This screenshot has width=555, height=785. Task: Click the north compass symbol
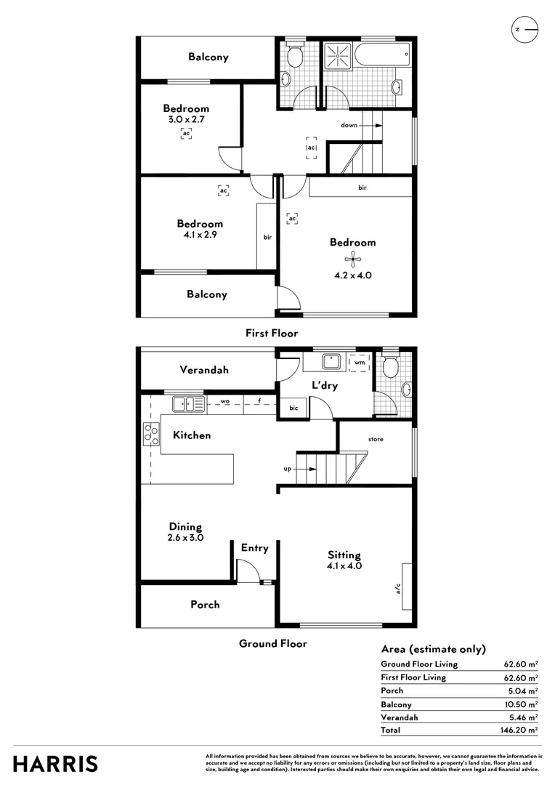(525, 30)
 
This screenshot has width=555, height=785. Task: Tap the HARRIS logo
(55, 764)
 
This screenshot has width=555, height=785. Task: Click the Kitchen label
(192, 435)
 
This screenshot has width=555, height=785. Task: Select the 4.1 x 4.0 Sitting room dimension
(344, 565)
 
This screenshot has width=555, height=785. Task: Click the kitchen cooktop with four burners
(151, 433)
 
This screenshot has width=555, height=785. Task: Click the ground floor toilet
(390, 367)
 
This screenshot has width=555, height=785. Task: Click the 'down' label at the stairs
(349, 125)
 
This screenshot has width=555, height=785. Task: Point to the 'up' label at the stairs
(288, 469)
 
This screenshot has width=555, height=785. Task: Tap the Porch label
(205, 604)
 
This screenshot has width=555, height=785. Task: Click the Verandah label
(204, 370)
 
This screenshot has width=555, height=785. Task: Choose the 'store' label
(376, 440)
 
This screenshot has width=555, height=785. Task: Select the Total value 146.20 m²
(521, 730)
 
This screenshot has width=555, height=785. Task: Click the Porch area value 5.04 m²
(521, 691)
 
